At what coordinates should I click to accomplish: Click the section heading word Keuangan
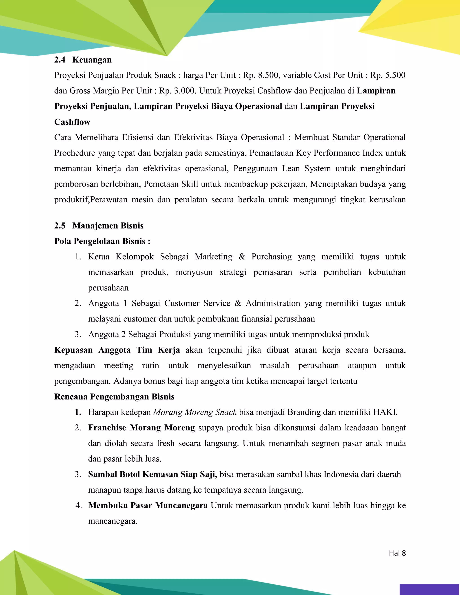coord(92,60)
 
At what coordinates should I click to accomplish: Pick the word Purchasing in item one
coord(271,257)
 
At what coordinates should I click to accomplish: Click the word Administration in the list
coord(272,303)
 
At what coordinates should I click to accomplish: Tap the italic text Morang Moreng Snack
coord(195,412)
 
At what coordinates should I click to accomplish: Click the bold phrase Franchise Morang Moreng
coord(142,428)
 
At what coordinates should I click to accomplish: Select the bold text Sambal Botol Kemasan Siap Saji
coord(152,474)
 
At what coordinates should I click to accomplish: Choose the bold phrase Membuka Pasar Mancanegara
coord(148,506)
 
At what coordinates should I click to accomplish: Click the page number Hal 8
coord(397,553)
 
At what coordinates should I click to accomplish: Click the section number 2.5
coord(60,226)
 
